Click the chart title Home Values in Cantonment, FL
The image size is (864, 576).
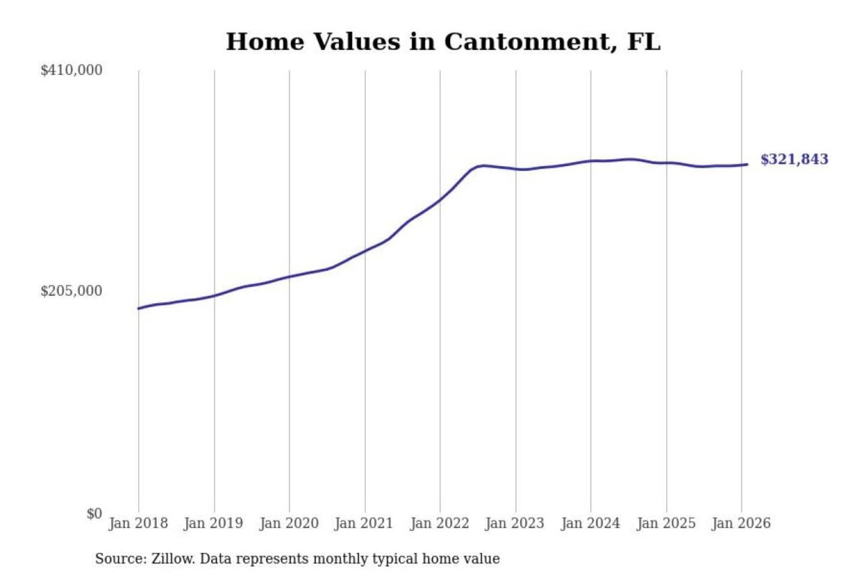pos(443,42)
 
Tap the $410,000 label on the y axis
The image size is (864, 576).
pos(71,70)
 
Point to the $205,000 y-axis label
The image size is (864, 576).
pos(71,291)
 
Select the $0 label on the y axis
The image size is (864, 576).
pos(94,514)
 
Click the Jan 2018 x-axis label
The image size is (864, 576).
pos(138,523)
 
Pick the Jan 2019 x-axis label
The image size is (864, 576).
pos(213,523)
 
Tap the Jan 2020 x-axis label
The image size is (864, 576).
pos(289,523)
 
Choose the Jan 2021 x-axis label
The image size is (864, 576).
pos(364,523)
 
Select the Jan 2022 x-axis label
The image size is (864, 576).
pos(439,523)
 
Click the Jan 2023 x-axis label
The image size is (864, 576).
pos(514,523)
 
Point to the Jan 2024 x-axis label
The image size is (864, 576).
pos(590,523)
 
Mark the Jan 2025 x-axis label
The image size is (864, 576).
pos(665,523)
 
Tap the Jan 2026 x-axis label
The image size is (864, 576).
pos(740,523)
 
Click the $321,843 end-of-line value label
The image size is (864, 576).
pos(794,160)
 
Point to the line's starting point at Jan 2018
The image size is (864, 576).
pos(139,308)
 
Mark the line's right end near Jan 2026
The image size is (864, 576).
pos(747,164)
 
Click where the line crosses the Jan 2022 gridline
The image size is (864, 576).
pos(440,200)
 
